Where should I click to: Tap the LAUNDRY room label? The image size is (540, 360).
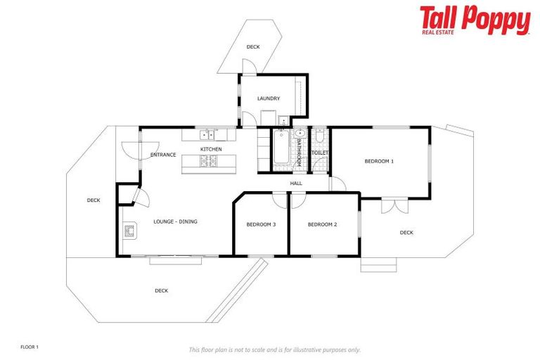click(269, 98)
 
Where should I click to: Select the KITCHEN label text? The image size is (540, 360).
click(211, 149)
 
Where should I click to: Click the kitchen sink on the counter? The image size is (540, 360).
click(206, 134)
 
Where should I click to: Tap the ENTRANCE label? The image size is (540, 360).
click(163, 155)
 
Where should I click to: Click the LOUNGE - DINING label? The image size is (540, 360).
click(175, 221)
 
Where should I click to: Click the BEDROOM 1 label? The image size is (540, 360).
click(379, 162)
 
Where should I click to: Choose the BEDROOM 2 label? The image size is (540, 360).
click(323, 224)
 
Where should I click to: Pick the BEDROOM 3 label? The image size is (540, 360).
click(261, 224)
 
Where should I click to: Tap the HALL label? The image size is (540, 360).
click(296, 184)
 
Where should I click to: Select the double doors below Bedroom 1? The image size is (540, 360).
click(394, 205)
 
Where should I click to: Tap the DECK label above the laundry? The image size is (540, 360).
click(252, 47)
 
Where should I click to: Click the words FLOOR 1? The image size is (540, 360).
click(30, 347)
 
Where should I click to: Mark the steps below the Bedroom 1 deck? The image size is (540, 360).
click(378, 266)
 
